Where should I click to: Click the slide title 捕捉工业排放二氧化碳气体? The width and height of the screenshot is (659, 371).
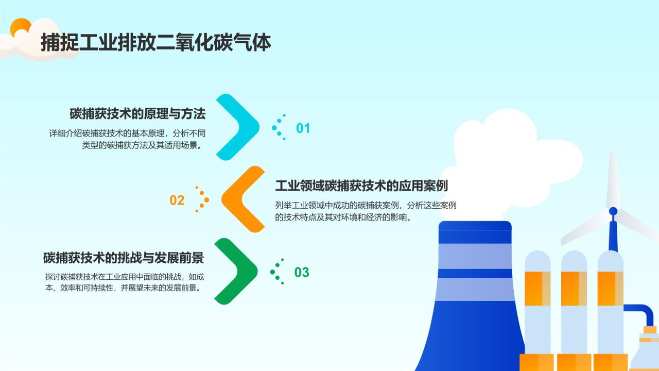(x=155, y=43)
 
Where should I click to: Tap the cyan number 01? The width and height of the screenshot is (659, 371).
(x=303, y=128)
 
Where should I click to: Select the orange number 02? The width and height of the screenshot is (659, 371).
(x=177, y=200)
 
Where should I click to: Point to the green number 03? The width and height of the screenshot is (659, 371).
(x=302, y=273)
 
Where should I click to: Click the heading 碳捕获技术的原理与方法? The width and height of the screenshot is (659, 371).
(x=137, y=114)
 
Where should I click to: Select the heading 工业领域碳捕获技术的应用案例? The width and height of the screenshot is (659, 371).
(x=361, y=186)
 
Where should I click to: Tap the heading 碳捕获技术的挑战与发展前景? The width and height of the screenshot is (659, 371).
(x=124, y=258)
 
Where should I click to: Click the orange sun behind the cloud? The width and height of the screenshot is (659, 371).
(x=21, y=26)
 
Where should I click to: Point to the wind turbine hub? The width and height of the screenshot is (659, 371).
(x=613, y=211)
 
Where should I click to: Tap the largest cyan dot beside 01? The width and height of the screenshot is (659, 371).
(x=274, y=128)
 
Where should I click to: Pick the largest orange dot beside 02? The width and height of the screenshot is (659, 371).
(x=206, y=200)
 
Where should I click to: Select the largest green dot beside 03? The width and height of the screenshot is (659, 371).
(x=272, y=272)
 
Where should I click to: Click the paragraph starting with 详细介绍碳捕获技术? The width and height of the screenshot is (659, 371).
(x=127, y=139)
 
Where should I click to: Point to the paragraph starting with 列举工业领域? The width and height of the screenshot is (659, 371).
(x=366, y=211)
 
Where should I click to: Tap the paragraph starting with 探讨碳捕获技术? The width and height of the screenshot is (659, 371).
(x=125, y=282)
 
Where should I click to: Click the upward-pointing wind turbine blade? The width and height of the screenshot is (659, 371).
(x=613, y=180)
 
